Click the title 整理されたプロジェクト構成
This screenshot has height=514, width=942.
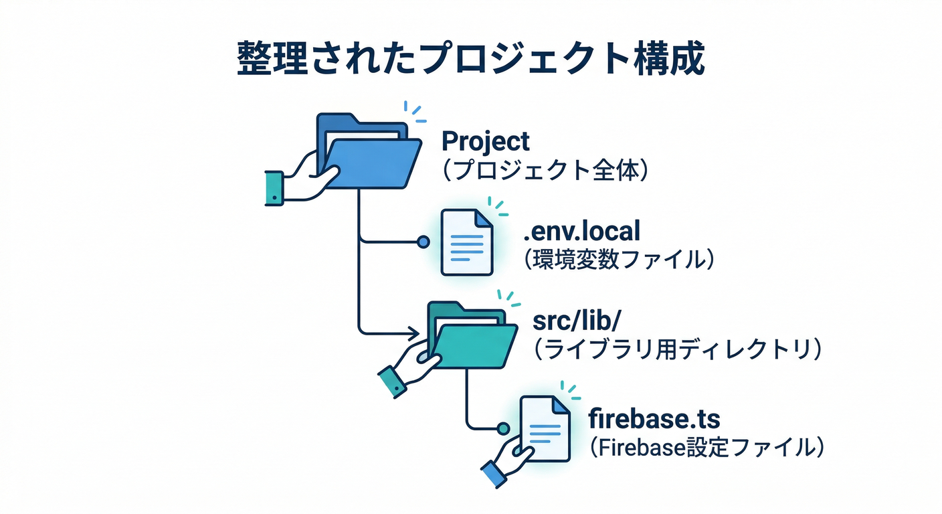[470, 59]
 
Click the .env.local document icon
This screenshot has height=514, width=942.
[466, 242]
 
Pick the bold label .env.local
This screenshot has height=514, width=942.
[581, 231]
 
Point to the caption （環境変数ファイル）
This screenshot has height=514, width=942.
[618, 260]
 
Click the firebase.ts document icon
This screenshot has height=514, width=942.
[545, 429]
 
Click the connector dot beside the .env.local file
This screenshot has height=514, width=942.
[423, 242]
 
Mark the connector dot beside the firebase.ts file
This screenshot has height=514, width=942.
[503, 427]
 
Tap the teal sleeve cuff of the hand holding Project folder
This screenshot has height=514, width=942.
[274, 188]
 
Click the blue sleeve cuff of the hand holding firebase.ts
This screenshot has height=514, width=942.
[492, 475]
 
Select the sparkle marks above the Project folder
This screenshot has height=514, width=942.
[415, 112]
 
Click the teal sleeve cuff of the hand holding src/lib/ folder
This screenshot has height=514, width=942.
[392, 383]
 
